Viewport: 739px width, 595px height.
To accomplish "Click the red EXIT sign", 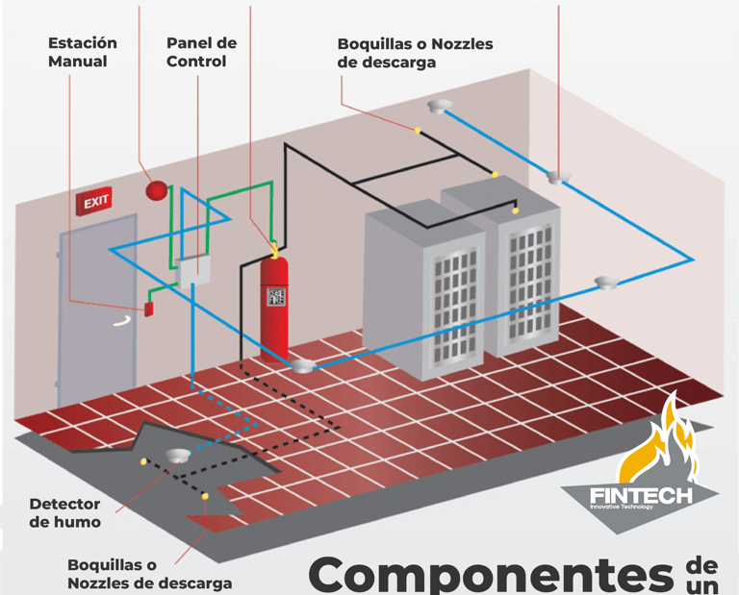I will click(x=94, y=202).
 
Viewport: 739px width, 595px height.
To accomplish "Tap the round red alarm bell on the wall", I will click(x=155, y=190).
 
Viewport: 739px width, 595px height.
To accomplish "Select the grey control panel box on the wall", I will click(x=194, y=273).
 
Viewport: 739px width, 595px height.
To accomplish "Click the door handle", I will click(x=120, y=322).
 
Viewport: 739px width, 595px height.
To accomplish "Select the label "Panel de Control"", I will click(x=200, y=52).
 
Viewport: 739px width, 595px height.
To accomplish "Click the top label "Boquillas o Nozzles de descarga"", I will click(x=415, y=53).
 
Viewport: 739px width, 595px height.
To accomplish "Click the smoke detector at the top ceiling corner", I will click(x=441, y=107).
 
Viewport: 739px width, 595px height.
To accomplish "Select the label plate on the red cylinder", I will click(x=276, y=296).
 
